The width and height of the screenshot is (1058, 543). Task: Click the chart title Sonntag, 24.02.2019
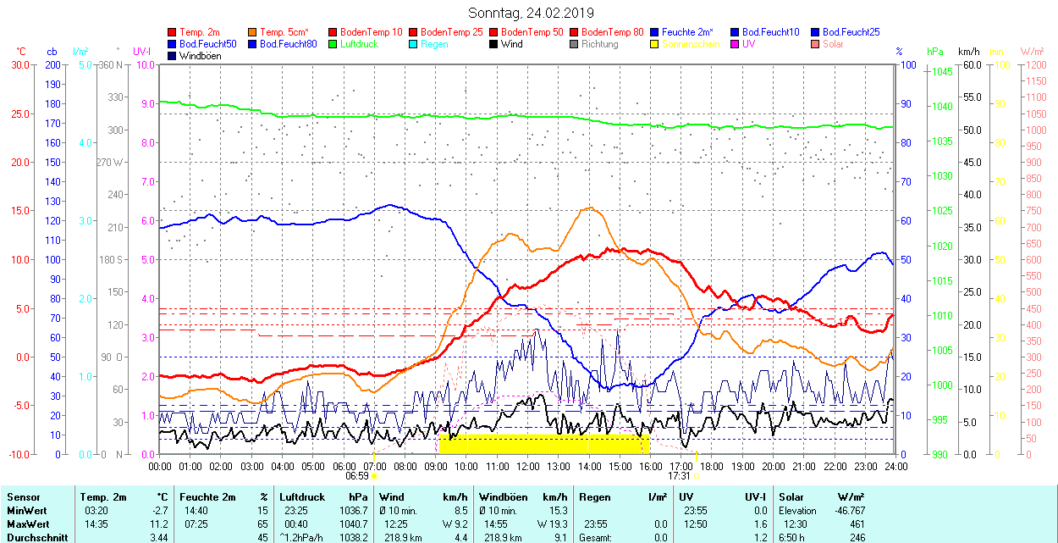[x=531, y=13]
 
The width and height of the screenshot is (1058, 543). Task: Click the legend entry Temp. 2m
[x=199, y=32]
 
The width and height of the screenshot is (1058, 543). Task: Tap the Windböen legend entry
[x=200, y=56]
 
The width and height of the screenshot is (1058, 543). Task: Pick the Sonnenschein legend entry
[x=691, y=44]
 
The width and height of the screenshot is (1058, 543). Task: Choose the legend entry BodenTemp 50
[x=532, y=32]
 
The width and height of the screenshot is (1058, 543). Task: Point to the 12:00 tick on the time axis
[x=528, y=466]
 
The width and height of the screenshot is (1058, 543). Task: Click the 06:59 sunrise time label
[x=356, y=476]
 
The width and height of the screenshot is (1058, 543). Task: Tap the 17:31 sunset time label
[x=679, y=476]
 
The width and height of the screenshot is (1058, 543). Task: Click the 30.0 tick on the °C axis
[x=19, y=65]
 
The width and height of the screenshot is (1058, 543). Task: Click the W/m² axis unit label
[x=1032, y=52]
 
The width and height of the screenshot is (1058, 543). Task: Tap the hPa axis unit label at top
[x=935, y=52]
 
